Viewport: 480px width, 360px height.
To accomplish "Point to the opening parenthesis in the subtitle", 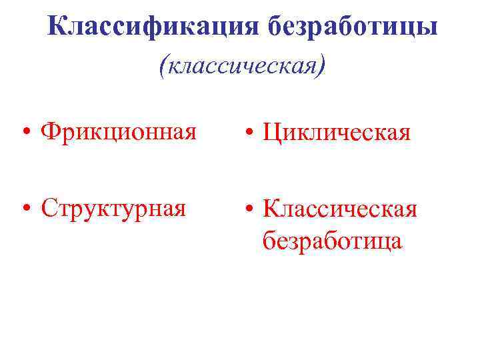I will point(164,66).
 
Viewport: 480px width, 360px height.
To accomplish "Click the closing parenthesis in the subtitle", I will point(323,66).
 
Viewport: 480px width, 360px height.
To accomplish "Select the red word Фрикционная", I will point(118,131).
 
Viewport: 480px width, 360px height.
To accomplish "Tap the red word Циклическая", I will point(335,133).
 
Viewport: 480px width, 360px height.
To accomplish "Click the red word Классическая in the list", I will point(339,209).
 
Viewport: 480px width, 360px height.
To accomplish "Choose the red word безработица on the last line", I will point(332,240).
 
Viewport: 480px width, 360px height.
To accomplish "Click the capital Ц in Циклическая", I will point(271,133).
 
